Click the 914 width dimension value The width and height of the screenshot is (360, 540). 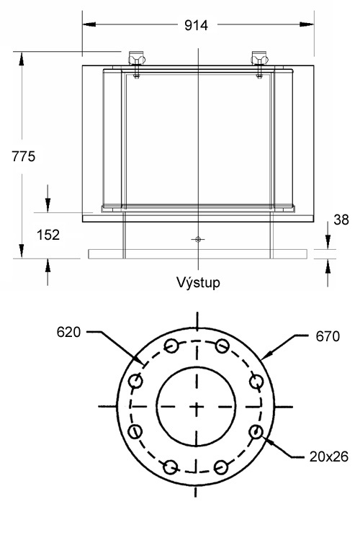[196, 25]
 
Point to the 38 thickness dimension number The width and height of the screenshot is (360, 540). [342, 220]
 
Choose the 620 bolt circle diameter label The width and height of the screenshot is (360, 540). [70, 333]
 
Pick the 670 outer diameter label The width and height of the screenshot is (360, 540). [328, 336]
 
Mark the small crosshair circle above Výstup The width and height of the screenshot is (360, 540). [197, 238]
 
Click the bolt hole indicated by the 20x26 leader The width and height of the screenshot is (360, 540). [256, 433]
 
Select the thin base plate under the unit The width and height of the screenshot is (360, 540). [197, 253]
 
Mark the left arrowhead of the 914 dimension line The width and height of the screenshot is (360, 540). [86, 25]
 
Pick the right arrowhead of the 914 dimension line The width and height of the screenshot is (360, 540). [309, 25]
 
